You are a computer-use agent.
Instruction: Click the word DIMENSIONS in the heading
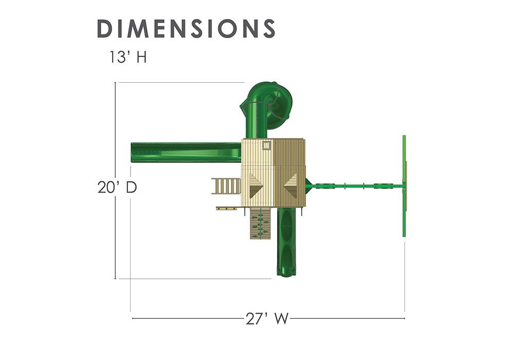[186, 28]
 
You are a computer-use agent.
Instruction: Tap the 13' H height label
[128, 57]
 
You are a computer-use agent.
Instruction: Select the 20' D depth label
[117, 187]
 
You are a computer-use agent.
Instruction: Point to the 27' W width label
[267, 318]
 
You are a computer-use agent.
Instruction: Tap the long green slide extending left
[186, 152]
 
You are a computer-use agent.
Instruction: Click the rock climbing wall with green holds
[261, 224]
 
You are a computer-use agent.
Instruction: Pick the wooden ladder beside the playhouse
[226, 186]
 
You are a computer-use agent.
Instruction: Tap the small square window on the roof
[267, 145]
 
